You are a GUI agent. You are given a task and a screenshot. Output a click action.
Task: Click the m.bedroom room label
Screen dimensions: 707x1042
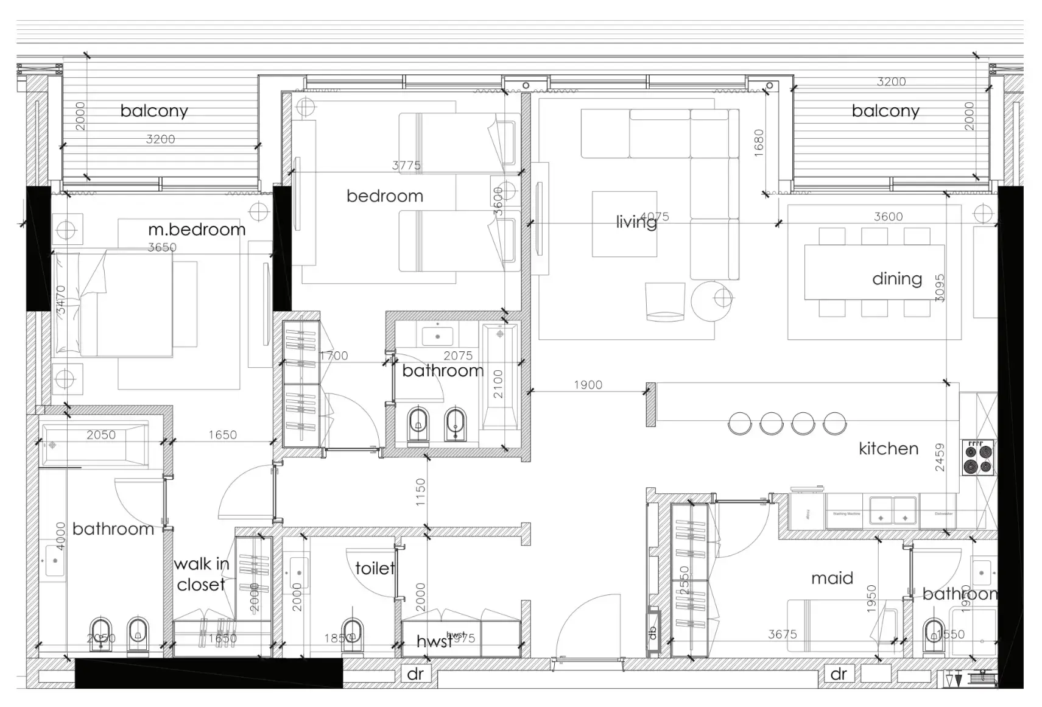pyautogui.click(x=197, y=230)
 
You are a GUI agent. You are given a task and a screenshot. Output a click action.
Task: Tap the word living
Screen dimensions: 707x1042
pyautogui.click(x=636, y=222)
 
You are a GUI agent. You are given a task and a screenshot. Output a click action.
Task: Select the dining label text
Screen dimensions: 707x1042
pyautogui.click(x=896, y=279)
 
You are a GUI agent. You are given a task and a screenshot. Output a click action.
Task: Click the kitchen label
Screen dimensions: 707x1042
pyautogui.click(x=888, y=449)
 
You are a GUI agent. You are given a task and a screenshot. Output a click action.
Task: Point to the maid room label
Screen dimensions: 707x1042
pyautogui.click(x=832, y=578)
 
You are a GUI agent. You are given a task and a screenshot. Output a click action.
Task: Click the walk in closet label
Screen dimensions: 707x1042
pyautogui.click(x=201, y=574)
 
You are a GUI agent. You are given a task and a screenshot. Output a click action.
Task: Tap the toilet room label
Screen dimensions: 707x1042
pyautogui.click(x=375, y=568)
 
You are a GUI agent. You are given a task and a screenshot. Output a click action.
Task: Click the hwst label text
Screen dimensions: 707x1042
pyautogui.click(x=434, y=641)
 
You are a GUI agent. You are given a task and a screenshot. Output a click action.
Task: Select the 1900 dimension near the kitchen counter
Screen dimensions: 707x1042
pyautogui.click(x=588, y=385)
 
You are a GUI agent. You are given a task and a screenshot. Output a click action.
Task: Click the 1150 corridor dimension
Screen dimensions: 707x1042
pyautogui.click(x=421, y=492)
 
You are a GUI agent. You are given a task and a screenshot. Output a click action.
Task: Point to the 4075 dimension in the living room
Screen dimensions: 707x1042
pyautogui.click(x=655, y=216)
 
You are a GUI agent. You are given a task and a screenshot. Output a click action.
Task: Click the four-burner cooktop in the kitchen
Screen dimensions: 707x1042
pyautogui.click(x=978, y=458)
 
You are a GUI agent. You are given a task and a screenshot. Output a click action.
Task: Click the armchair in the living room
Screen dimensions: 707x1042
pyautogui.click(x=664, y=301)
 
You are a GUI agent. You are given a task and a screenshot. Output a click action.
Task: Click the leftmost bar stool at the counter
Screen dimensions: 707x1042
pyautogui.click(x=740, y=423)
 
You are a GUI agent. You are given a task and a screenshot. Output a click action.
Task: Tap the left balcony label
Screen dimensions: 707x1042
pyautogui.click(x=154, y=111)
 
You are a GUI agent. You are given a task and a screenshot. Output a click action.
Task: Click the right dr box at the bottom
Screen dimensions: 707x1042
pyautogui.click(x=839, y=674)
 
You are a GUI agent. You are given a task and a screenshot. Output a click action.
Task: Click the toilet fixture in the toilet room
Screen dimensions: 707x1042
pyautogui.click(x=352, y=633)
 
